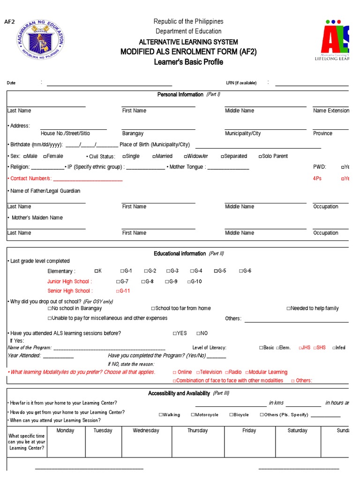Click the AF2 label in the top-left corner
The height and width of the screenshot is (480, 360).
[10, 22]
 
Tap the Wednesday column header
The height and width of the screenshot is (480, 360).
[146, 430]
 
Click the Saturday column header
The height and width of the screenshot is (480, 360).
[297, 430]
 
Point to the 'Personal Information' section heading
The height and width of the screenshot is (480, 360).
[180, 95]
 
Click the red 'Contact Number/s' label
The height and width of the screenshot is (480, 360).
[29, 179]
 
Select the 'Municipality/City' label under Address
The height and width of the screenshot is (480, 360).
[243, 134]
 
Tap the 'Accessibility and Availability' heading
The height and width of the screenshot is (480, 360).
[179, 393]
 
